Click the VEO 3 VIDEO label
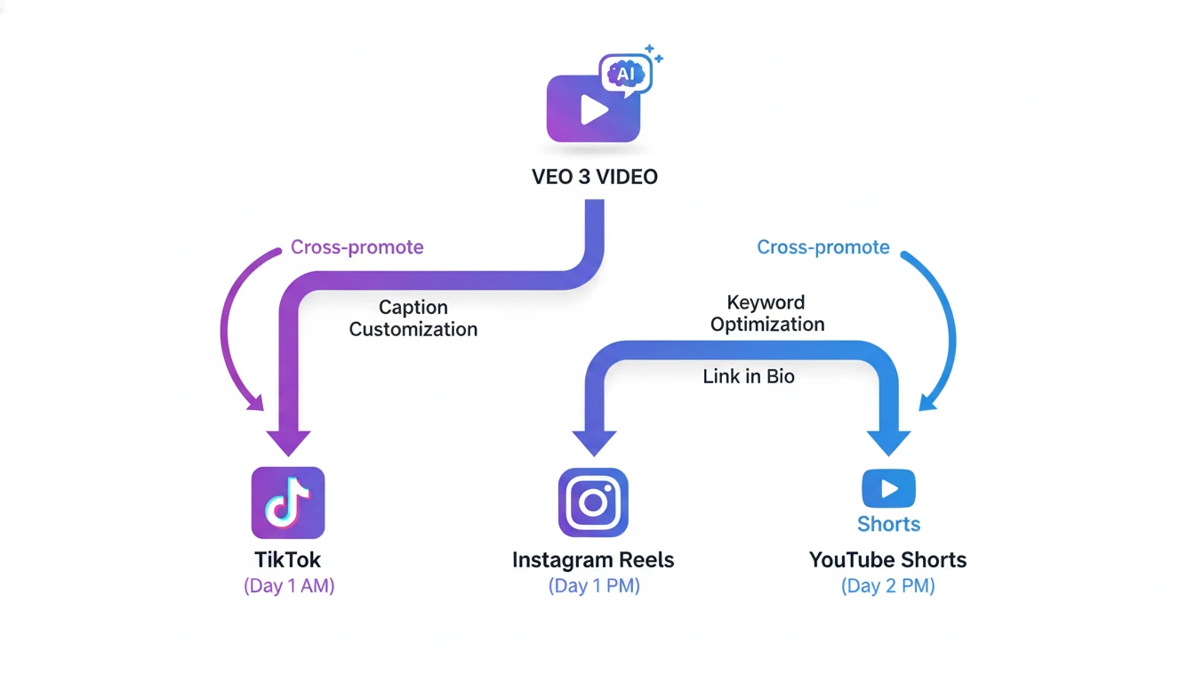tap(594, 176)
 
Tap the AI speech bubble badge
tap(625, 74)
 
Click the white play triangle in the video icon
tap(593, 109)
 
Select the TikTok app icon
tap(288, 503)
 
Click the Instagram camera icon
tap(593, 503)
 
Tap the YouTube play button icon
tap(888, 488)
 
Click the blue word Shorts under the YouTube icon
tap(888, 524)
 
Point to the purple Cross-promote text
tap(357, 247)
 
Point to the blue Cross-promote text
tap(822, 247)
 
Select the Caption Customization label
tap(413, 318)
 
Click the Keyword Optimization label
tap(766, 313)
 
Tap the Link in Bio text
tap(748, 376)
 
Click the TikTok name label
tap(288, 560)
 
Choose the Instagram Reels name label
tap(593, 560)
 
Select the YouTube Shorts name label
tap(887, 560)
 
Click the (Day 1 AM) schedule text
tap(289, 587)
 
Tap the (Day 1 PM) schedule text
tap(593, 587)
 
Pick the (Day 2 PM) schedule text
tap(887, 587)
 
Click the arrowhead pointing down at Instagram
tap(594, 441)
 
